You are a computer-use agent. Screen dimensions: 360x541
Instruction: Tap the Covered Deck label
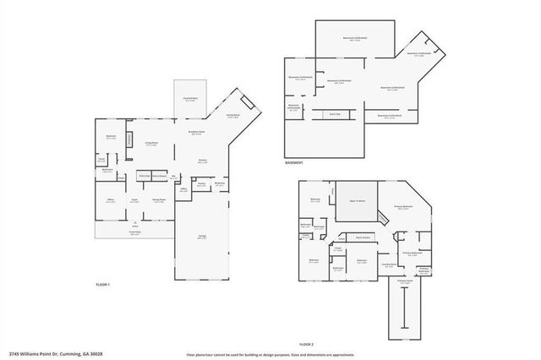click(x=191, y=98)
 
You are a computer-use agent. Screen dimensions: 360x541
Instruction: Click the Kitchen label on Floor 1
click(x=203, y=161)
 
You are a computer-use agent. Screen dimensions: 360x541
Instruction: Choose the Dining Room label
click(x=158, y=200)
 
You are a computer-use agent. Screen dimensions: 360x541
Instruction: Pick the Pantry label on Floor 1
click(x=202, y=183)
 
